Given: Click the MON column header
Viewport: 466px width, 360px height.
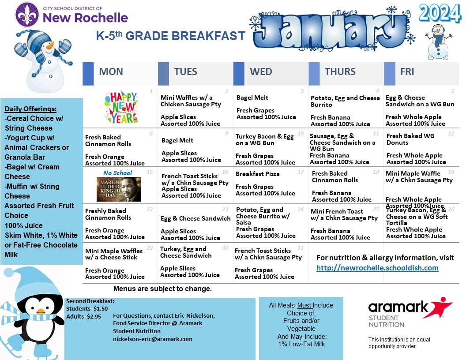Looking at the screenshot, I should [111, 72].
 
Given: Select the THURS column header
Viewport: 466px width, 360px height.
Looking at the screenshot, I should [340, 72].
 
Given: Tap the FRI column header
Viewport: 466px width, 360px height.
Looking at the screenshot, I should [407, 72].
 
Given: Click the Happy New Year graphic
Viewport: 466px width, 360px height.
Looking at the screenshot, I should [120, 107].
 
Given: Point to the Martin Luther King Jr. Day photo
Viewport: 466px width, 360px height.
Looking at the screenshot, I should [119, 183].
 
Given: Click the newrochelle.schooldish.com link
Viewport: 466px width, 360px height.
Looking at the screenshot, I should [377, 268].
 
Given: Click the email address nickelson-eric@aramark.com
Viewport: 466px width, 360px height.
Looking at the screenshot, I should [153, 339].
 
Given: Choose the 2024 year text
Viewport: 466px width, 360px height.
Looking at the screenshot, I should [440, 14].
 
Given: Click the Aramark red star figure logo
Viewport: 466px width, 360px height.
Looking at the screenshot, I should [440, 308].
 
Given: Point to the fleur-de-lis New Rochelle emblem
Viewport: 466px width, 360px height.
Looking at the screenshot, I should [28, 15].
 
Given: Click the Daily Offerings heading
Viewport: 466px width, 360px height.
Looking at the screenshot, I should [30, 109].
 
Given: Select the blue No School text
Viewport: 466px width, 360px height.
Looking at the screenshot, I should [117, 173].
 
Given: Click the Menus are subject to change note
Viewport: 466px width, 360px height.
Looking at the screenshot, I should [162, 289].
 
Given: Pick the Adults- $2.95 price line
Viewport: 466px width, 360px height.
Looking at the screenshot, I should [83, 316].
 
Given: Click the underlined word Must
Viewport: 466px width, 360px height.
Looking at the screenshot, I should [304, 305].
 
